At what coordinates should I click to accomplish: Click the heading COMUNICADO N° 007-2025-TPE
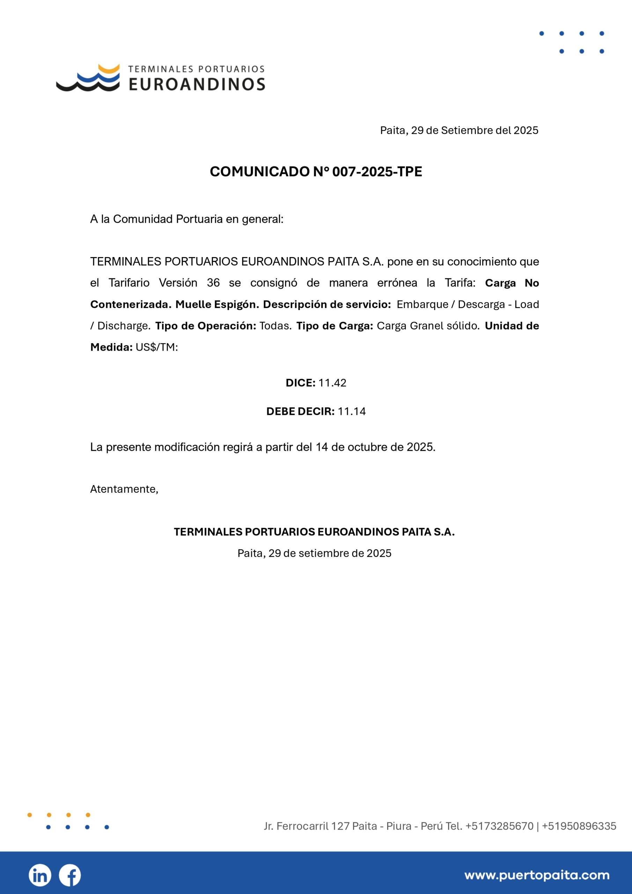point(316,172)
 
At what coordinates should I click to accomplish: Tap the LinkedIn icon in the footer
point(40,875)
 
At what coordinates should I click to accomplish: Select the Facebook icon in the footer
point(70,875)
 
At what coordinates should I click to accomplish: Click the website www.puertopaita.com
point(537,875)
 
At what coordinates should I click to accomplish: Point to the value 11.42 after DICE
point(332,383)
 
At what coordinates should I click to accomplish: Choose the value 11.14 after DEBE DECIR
point(352,412)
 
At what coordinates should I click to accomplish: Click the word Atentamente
point(124,489)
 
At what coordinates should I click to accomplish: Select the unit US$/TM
point(156,347)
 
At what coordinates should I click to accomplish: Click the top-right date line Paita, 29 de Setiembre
point(459,131)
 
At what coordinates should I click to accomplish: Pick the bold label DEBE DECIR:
point(300,412)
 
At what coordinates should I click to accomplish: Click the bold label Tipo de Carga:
point(335,326)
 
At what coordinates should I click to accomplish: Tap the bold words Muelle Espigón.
point(217,305)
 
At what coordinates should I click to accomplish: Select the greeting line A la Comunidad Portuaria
point(187,219)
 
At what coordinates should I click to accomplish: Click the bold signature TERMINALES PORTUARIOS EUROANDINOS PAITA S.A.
point(314,532)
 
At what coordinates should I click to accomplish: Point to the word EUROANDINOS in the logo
point(197,84)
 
